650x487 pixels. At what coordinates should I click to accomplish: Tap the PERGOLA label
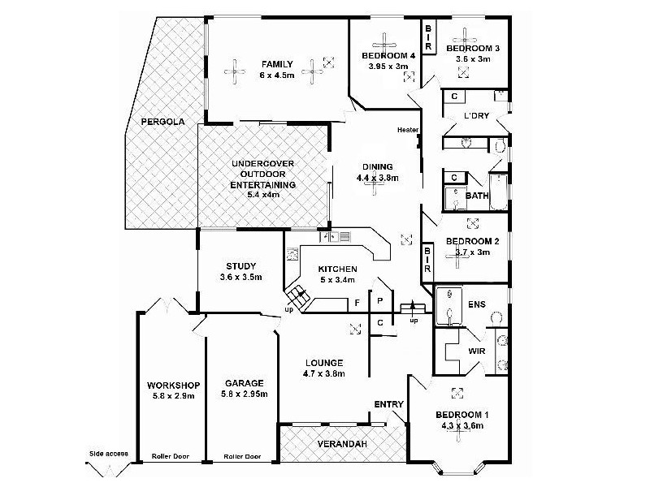pyautogui.click(x=163, y=122)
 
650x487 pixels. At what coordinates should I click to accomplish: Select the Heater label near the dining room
pyautogui.click(x=407, y=130)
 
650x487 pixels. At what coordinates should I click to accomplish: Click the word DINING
pyautogui.click(x=378, y=166)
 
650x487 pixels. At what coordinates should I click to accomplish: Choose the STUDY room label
pyautogui.click(x=240, y=265)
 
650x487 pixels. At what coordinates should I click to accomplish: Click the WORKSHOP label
pyautogui.click(x=173, y=385)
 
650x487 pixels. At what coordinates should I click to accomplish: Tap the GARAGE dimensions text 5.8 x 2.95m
pyautogui.click(x=244, y=394)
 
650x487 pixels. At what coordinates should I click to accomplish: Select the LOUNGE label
pyautogui.click(x=324, y=363)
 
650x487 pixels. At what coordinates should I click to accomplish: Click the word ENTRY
pyautogui.click(x=388, y=405)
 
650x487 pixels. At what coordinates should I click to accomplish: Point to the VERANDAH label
pyautogui.click(x=341, y=444)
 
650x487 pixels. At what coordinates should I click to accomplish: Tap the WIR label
pyautogui.click(x=478, y=351)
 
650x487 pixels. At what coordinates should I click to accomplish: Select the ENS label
pyautogui.click(x=476, y=304)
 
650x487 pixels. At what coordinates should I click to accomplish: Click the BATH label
pyautogui.click(x=476, y=196)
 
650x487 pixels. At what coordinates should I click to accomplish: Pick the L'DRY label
pyautogui.click(x=475, y=116)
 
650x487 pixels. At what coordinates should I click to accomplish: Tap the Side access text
pyautogui.click(x=108, y=454)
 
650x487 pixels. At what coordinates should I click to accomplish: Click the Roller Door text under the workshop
pyautogui.click(x=171, y=457)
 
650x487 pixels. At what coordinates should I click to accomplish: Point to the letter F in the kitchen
pyautogui.click(x=357, y=303)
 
